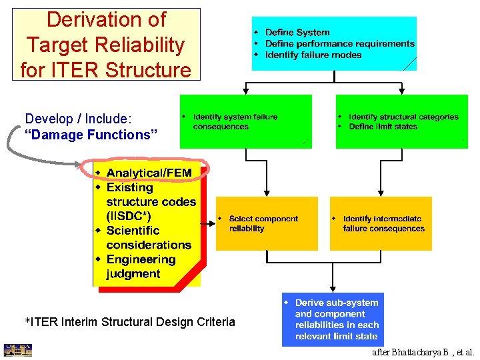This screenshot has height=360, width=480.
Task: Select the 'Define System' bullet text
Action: click(297, 33)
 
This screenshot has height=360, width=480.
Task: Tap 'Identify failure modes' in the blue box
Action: click(313, 55)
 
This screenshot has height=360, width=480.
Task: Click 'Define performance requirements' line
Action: click(339, 44)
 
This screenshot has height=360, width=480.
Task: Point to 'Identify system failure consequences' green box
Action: click(245, 121)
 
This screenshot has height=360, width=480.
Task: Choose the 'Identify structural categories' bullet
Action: click(403, 117)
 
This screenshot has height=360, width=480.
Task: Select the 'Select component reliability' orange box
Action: click(267, 223)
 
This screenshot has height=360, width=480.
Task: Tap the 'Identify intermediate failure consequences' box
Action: click(381, 223)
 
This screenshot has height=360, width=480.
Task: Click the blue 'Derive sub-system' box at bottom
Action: click(333, 319)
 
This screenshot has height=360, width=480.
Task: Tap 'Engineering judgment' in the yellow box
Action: click(141, 267)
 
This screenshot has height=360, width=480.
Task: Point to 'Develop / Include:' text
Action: click(79, 119)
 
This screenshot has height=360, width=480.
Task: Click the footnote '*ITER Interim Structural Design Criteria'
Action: click(130, 322)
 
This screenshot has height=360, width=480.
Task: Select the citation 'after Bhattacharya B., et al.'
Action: click(423, 352)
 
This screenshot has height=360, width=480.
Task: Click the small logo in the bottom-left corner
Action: click(17, 351)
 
